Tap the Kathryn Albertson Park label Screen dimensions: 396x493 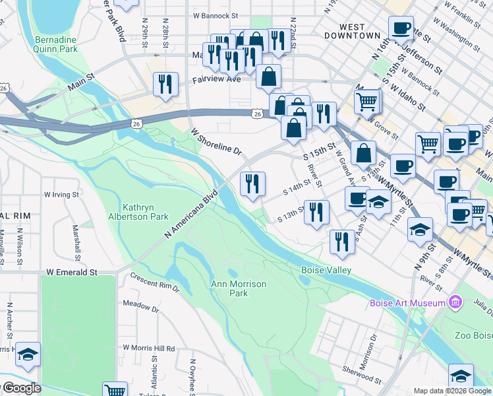(x=139, y=212)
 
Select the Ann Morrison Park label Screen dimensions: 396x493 (x=238, y=288)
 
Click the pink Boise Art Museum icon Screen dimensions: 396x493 (x=454, y=303)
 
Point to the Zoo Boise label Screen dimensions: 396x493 (x=473, y=335)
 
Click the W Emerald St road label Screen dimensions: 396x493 (x=72, y=272)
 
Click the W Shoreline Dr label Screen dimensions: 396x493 (x=217, y=141)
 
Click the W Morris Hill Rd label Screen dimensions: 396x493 (x=148, y=348)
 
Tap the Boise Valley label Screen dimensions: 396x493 (x=326, y=271)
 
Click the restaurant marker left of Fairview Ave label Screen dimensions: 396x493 (x=165, y=84)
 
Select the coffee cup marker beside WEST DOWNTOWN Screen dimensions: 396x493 (x=401, y=28)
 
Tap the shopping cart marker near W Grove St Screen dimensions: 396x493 (x=368, y=101)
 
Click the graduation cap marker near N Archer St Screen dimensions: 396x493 (x=28, y=354)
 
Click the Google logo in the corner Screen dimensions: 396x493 (x=22, y=389)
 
